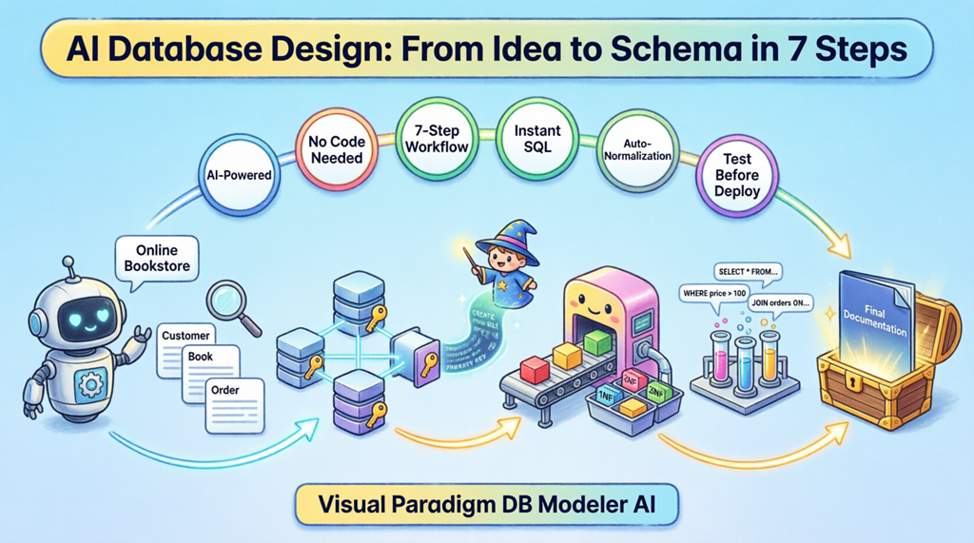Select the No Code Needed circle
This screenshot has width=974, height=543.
(335, 149)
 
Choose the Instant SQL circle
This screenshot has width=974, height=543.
(537, 139)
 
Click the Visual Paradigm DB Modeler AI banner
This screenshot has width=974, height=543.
(487, 505)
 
